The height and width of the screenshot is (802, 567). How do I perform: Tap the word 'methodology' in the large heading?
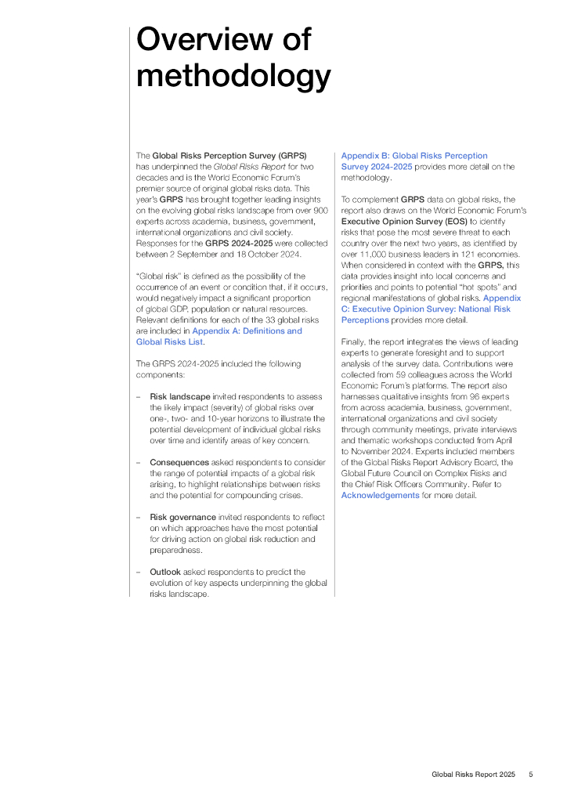pos(233,77)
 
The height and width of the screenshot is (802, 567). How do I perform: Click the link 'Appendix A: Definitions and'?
pos(247,331)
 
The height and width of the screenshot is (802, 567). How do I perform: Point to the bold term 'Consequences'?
pos(179,463)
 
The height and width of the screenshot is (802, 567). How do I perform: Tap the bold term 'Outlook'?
pos(164,572)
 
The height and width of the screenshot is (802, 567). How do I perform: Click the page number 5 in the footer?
pos(531,775)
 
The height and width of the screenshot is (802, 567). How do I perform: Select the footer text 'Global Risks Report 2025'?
pos(473,775)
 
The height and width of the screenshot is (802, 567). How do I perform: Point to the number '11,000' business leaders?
pos(370,255)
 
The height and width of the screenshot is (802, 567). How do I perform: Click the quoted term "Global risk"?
pos(162,276)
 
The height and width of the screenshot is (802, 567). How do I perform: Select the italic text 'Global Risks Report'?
pos(247,167)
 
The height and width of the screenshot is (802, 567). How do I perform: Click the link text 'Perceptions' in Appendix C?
pos(366,320)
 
